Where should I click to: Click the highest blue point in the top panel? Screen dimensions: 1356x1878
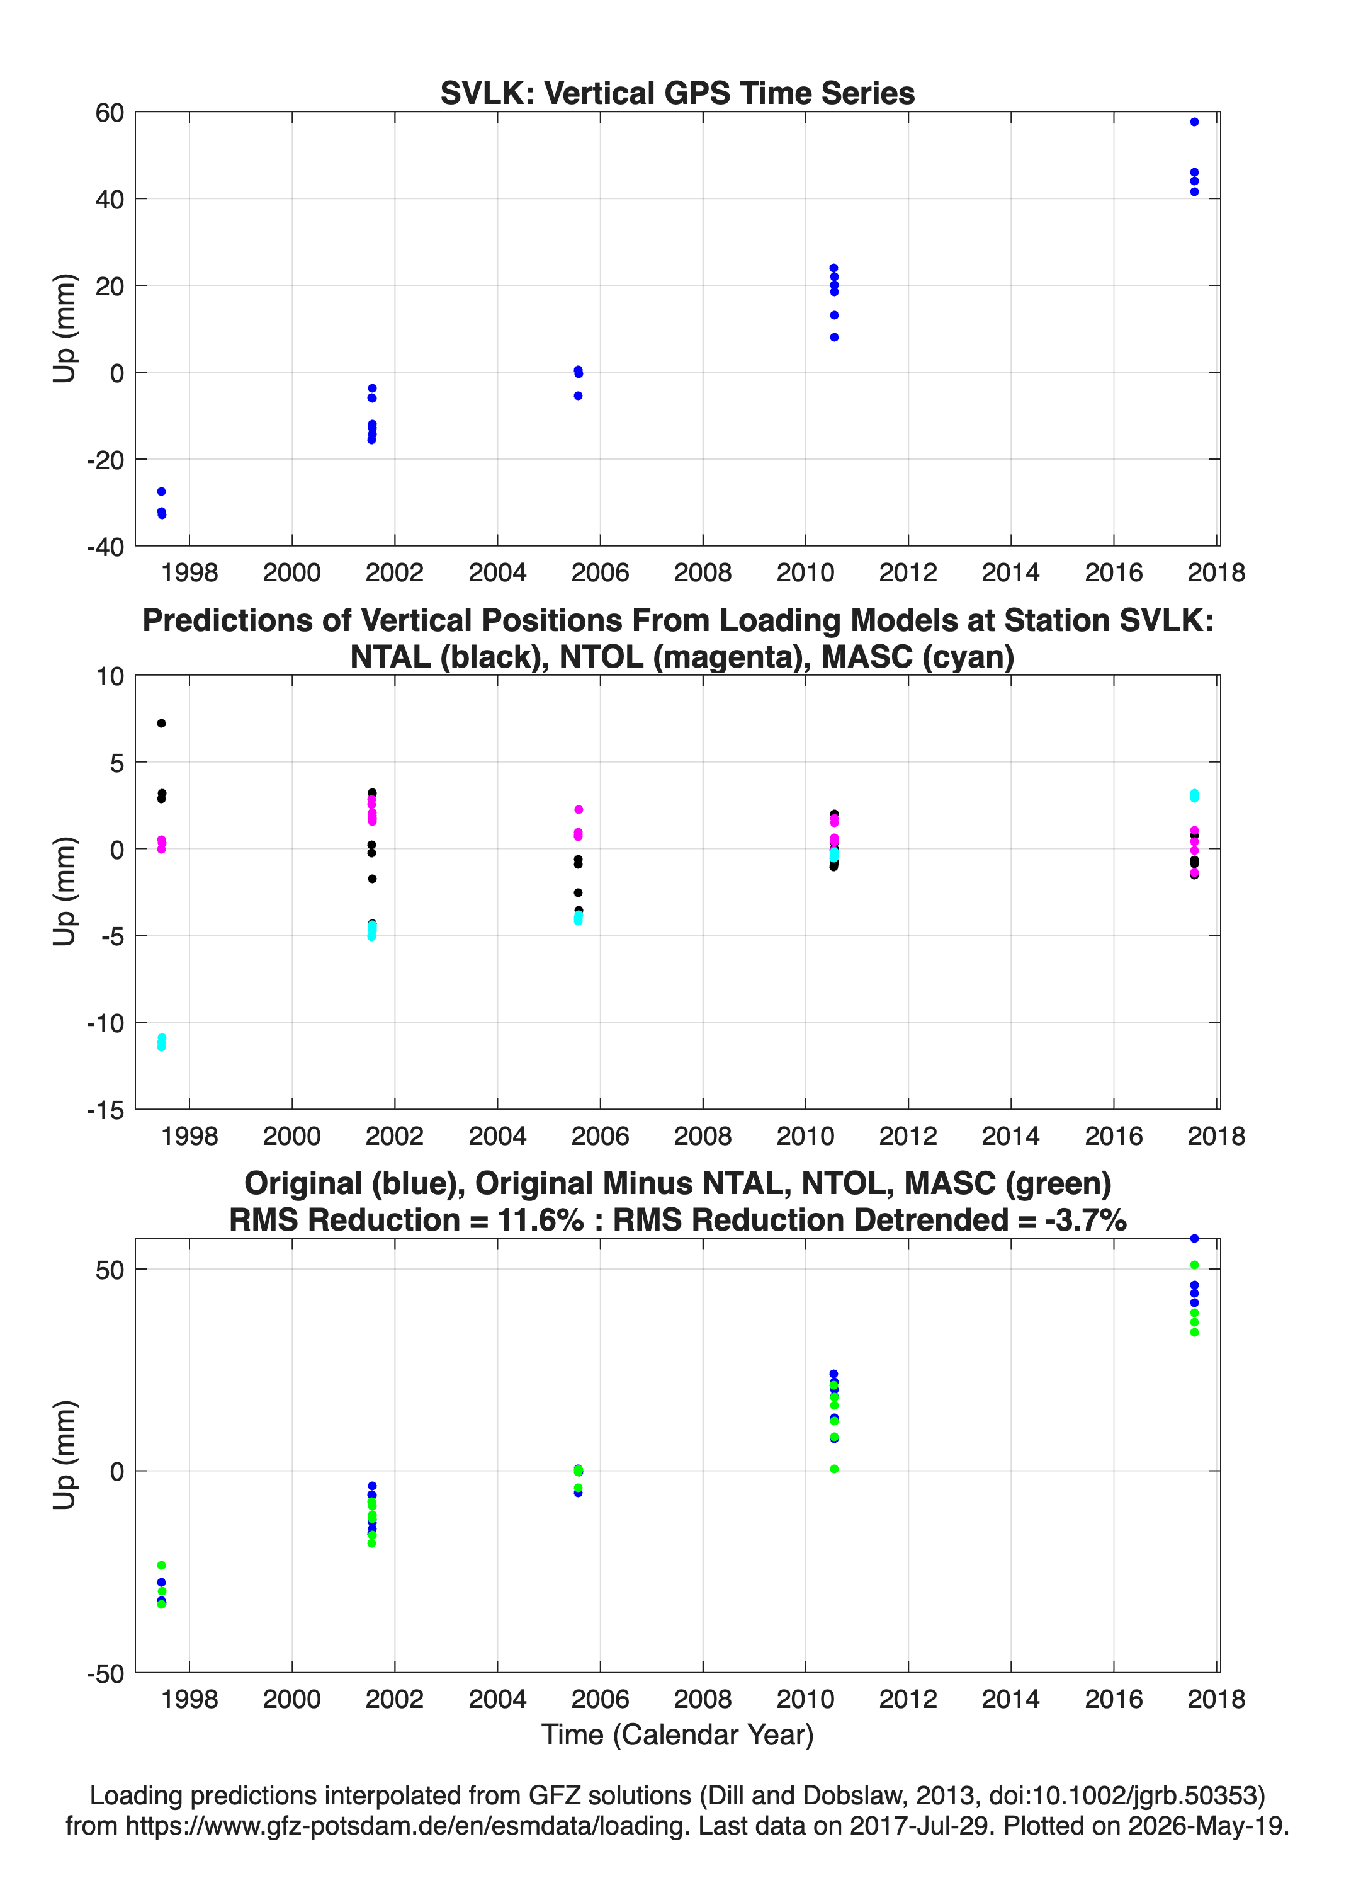(1194, 122)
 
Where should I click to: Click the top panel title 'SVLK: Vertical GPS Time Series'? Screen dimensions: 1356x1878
(677, 93)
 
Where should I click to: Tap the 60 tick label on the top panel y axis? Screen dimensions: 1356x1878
(110, 113)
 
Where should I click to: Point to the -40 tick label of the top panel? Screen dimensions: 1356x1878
(105, 547)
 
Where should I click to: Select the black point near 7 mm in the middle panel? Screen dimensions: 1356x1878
(161, 723)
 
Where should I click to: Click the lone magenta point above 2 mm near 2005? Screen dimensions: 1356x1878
(579, 809)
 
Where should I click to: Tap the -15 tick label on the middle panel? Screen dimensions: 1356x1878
(105, 1110)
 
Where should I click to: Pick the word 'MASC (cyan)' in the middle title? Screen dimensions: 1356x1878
(918, 657)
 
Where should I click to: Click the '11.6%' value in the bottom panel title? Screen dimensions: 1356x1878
(541, 1220)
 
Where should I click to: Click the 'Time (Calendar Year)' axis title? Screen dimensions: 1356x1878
(677, 1734)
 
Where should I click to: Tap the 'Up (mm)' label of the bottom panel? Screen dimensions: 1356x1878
(65, 1455)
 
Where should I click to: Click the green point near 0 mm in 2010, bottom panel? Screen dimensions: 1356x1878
(835, 1469)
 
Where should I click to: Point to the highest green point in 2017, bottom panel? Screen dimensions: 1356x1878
(1194, 1265)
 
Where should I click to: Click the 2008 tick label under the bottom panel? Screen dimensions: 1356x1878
(703, 1699)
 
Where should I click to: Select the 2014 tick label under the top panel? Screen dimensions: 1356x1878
(1011, 572)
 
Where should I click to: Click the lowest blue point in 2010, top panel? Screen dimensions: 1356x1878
(835, 337)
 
